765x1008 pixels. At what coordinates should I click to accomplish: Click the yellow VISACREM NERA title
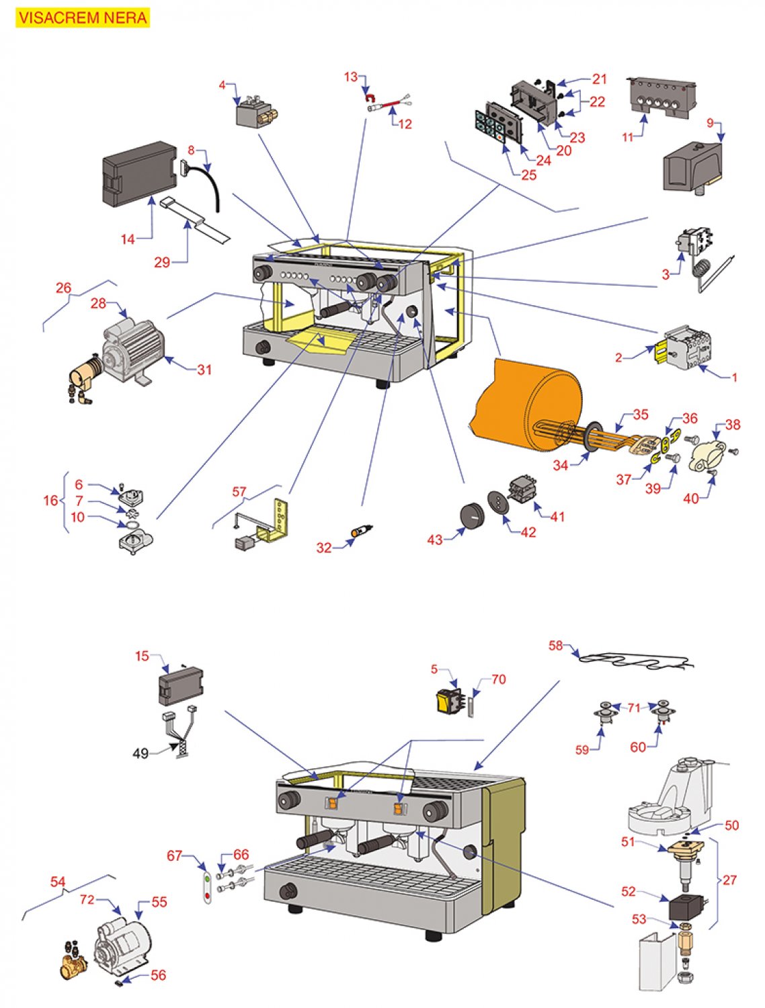[x=83, y=17]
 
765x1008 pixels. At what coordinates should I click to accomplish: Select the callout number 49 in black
[x=140, y=753]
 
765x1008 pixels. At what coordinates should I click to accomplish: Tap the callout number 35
[x=640, y=414]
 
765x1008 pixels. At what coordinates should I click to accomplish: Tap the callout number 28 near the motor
[x=98, y=303]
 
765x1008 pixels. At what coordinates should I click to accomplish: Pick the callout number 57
[x=239, y=492]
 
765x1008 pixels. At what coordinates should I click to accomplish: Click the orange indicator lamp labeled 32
[x=355, y=533]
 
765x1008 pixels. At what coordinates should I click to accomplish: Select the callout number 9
[x=710, y=123]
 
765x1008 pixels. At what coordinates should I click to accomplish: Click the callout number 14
[x=128, y=239]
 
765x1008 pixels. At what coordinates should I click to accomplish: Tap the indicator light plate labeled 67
[x=208, y=886]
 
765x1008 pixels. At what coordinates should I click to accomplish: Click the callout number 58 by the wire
[x=555, y=645]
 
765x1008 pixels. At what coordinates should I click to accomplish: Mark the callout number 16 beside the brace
[x=50, y=500]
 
